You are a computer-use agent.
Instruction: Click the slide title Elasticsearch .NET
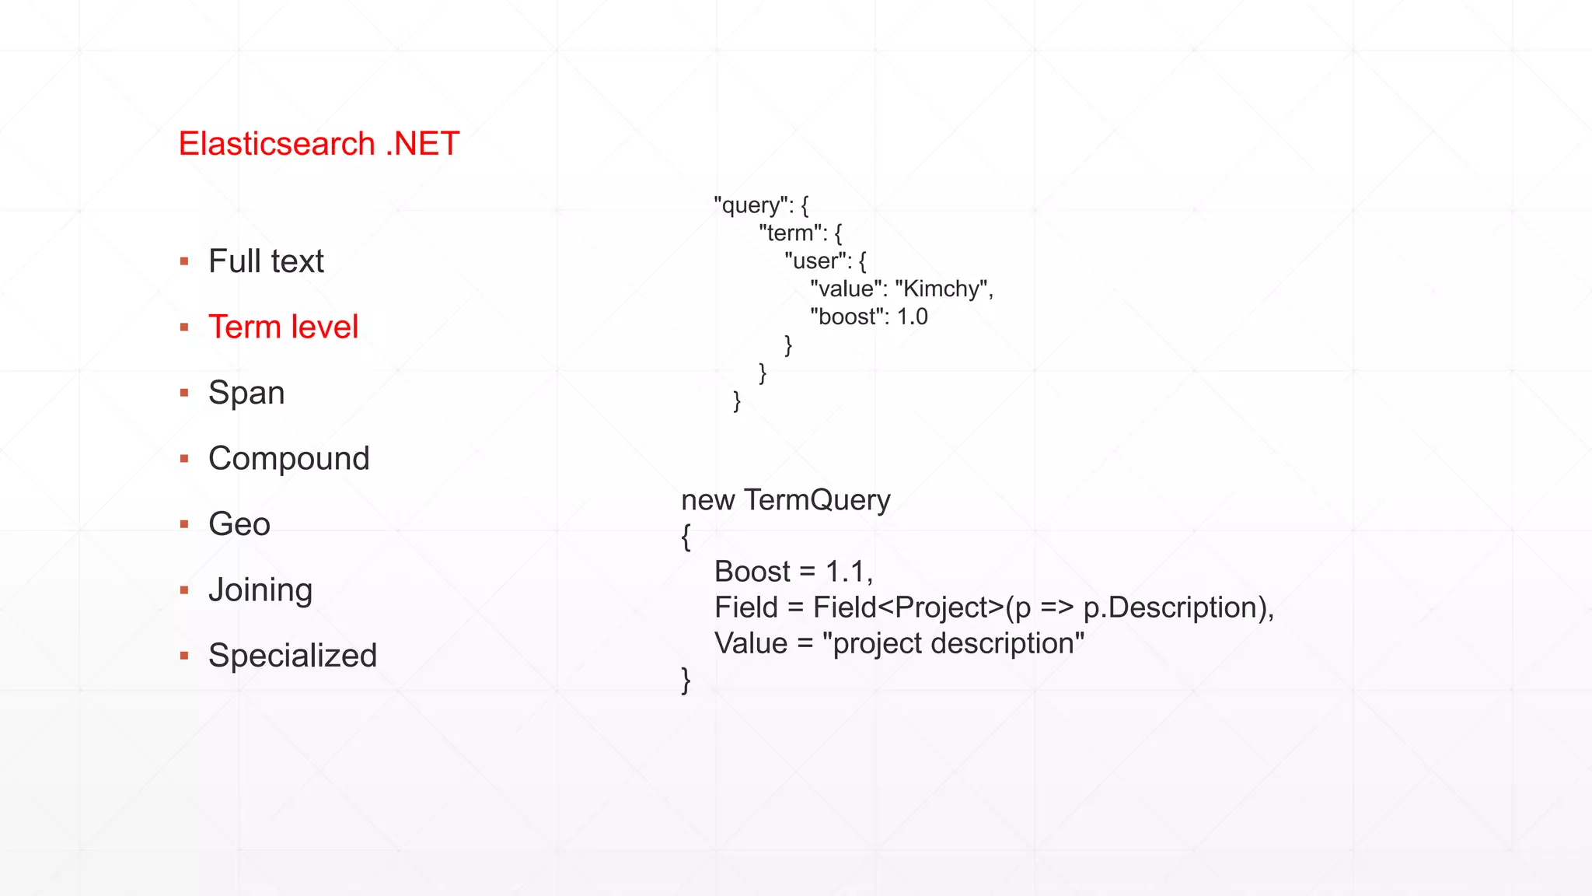pos(319,144)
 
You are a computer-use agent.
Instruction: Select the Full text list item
pos(266,261)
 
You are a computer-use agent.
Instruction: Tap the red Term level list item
pos(283,327)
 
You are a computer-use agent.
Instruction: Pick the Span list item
pos(246,393)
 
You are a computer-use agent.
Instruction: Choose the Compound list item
pos(288,458)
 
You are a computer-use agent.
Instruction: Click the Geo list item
pos(239,524)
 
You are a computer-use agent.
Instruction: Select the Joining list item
pos(260,590)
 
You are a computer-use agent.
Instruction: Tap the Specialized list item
pos(292,656)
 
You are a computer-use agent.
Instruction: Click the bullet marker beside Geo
pos(184,525)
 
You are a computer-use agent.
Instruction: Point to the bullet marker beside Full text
pos(184,262)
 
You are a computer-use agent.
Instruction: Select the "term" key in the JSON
pos(791,233)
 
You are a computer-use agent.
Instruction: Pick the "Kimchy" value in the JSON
pos(941,289)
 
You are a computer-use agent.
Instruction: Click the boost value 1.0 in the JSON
pos(912,317)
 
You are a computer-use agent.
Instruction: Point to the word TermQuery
pos(817,500)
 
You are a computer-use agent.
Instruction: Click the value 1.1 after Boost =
pos(846,572)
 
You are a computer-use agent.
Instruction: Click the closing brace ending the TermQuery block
pos(686,679)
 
